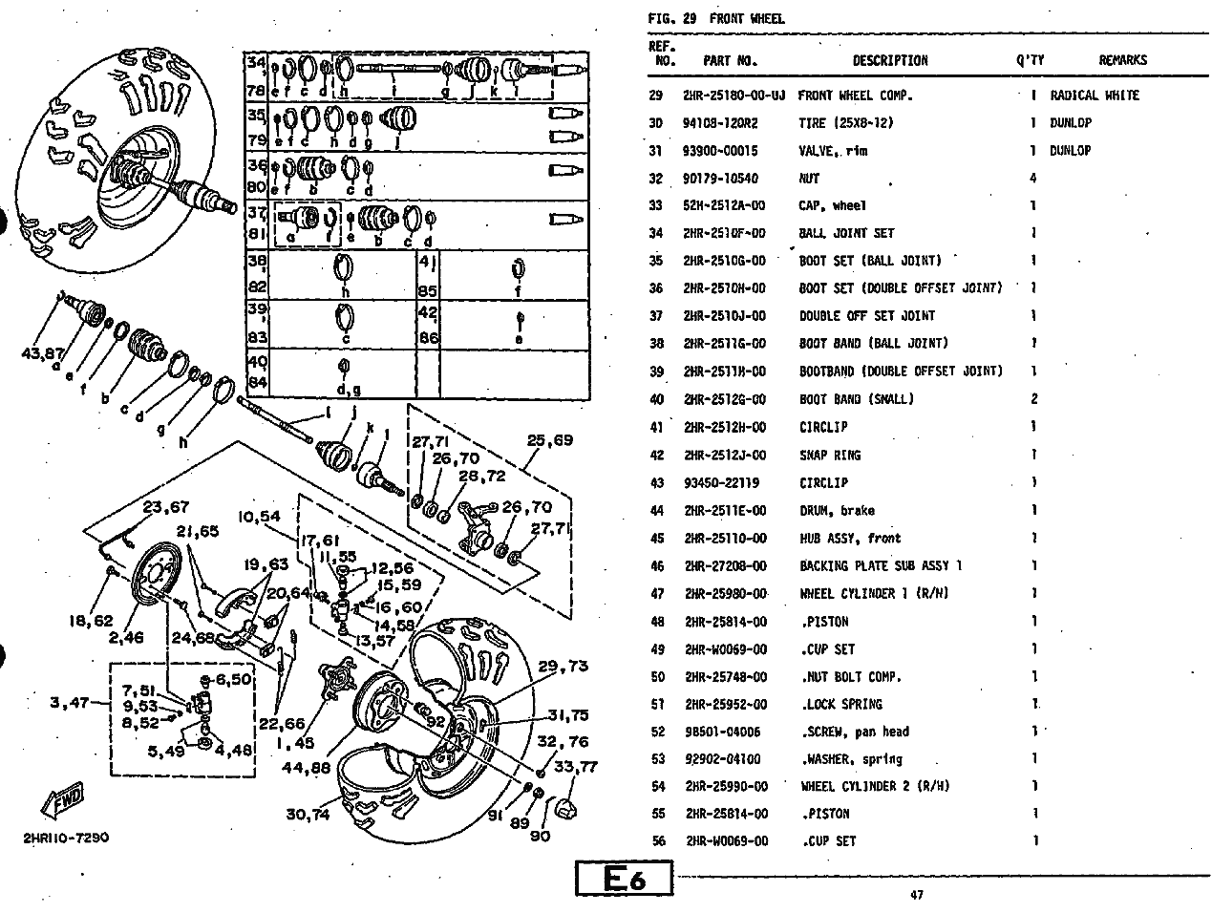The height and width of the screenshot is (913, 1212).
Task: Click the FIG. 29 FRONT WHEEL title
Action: [716, 18]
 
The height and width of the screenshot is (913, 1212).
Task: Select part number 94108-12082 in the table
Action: [720, 123]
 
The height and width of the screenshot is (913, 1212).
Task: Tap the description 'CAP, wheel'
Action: [832, 205]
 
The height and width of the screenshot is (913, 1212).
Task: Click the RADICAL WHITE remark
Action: [1095, 96]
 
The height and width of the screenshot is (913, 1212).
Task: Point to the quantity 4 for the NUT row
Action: [1033, 179]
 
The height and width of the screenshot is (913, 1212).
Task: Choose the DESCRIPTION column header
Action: [889, 60]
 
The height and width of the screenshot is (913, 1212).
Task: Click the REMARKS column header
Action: [1122, 60]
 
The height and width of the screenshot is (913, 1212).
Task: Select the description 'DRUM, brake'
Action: [837, 511]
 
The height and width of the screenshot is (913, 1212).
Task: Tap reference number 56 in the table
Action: [657, 841]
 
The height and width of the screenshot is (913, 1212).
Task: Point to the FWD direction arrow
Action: [64, 799]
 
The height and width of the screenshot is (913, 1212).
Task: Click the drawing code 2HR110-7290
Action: [67, 839]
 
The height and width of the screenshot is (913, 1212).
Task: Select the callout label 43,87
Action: [44, 353]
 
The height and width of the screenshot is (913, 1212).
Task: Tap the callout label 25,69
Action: [550, 440]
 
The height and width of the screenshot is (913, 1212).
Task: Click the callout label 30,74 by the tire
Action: [308, 814]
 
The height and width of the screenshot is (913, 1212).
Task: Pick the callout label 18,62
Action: [91, 621]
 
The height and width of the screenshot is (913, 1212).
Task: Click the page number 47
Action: [916, 896]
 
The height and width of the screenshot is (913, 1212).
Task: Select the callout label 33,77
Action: [575, 765]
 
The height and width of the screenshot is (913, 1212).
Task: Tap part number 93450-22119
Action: [721, 483]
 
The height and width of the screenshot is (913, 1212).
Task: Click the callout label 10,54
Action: [260, 517]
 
